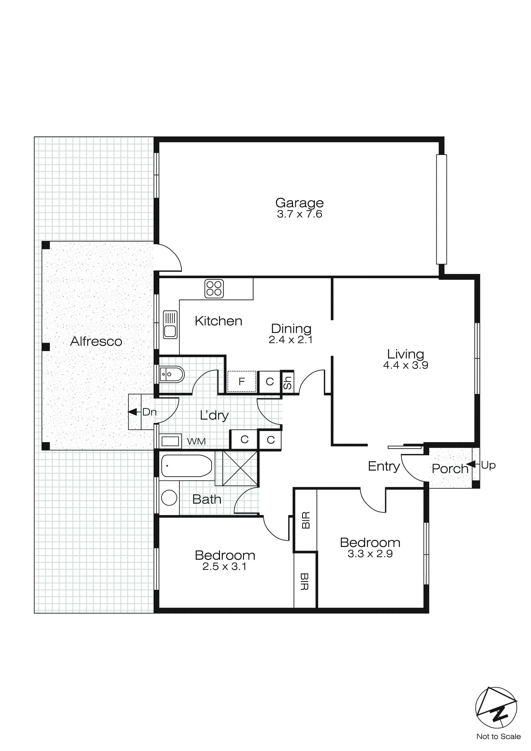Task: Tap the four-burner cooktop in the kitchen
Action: (x=214, y=288)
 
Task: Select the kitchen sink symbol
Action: (x=170, y=324)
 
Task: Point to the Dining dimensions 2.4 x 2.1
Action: (x=290, y=340)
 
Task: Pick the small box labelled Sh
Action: (x=287, y=382)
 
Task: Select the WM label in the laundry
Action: (x=196, y=442)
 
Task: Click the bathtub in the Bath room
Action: (x=186, y=466)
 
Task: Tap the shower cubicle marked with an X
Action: (x=240, y=468)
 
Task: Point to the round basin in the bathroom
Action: (x=169, y=498)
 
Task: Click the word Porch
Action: (x=450, y=469)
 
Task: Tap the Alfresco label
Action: (x=96, y=341)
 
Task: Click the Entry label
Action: (x=384, y=466)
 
